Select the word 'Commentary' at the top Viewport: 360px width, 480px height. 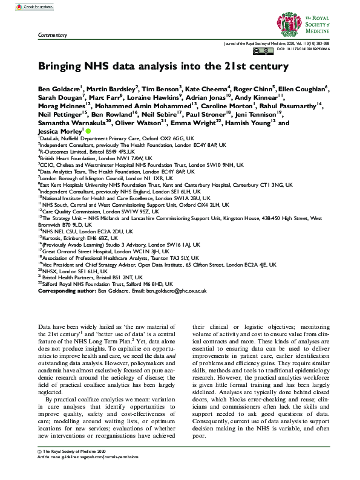coord(51,36)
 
